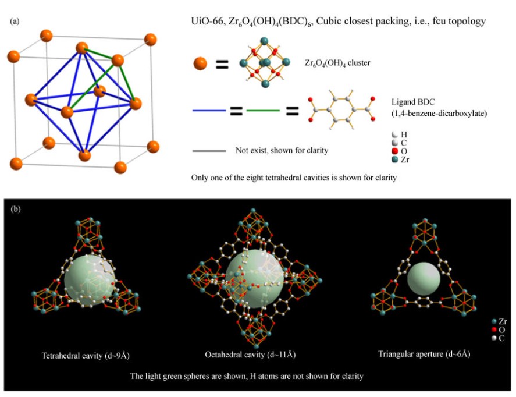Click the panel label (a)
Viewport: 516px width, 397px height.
coord(15,22)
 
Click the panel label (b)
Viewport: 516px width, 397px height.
coord(16,209)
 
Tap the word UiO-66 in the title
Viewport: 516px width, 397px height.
coord(207,22)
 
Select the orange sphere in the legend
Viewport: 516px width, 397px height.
coord(200,63)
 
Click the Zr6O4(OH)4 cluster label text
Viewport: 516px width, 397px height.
coord(337,63)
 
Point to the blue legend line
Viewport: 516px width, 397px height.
coord(209,111)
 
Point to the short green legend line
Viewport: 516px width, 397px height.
coord(264,111)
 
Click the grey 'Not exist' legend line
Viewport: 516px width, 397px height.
coord(209,151)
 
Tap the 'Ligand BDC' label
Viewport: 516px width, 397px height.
coord(413,102)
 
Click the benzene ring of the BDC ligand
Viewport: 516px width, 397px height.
coord(341,109)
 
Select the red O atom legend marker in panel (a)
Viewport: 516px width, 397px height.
coord(395,151)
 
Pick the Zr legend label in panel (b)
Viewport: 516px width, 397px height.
coord(503,321)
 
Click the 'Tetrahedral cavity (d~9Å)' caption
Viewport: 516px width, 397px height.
coord(86,356)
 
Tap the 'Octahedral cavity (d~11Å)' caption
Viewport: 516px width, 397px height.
coord(250,355)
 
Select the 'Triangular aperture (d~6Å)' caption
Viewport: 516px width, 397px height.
coord(424,354)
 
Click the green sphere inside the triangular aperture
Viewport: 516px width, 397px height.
coord(424,279)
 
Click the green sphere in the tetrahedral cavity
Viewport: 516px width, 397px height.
coord(90,281)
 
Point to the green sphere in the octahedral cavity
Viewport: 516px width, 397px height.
coord(255,278)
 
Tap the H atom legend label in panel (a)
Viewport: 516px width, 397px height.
coord(404,134)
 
